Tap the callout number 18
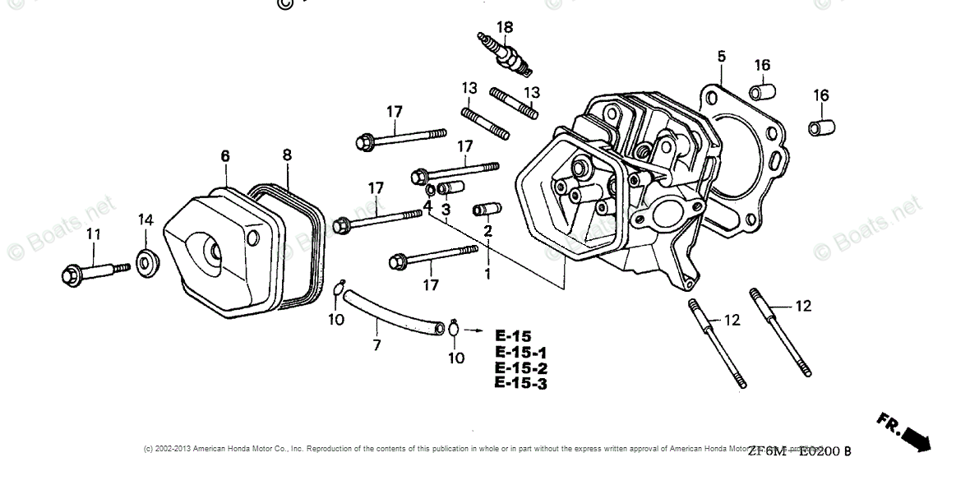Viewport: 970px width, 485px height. pos(504,27)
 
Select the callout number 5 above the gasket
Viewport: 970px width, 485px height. pos(721,57)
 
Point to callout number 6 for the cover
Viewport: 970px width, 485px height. pos(225,156)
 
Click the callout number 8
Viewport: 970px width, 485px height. pos(287,155)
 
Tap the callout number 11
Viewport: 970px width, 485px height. pos(94,235)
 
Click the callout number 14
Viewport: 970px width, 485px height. pos(145,219)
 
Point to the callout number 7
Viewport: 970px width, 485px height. pos(377,345)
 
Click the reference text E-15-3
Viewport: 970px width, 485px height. pos(521,383)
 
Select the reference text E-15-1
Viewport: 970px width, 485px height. pos(521,352)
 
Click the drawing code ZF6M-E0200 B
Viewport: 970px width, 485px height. pos(799,450)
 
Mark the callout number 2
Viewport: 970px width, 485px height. pos(487,231)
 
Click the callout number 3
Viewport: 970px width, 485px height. pos(446,210)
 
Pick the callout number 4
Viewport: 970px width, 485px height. pos(427,205)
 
